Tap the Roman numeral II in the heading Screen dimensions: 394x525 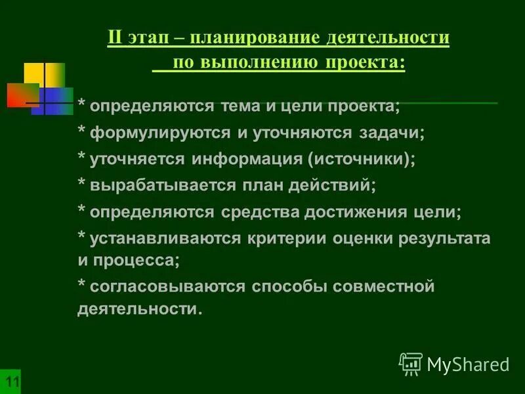[x=115, y=38]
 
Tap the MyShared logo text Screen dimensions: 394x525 [x=467, y=363]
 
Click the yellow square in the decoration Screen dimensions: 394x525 [x=44, y=74]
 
